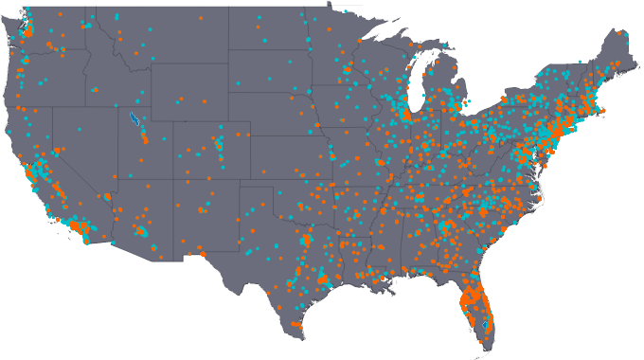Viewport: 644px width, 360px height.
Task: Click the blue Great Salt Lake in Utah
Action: click(x=133, y=120)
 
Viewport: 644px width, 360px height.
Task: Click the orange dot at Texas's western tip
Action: click(x=202, y=253)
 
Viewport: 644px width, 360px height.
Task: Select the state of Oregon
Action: click(x=52, y=62)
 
